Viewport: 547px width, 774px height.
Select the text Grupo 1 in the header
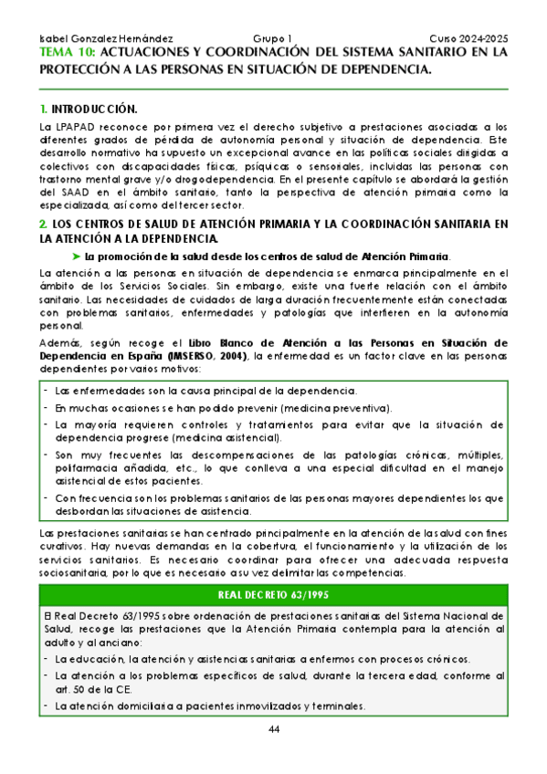[x=272, y=39]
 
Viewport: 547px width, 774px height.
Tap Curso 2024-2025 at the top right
[x=468, y=39]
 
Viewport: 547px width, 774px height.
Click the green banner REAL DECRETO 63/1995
[x=274, y=569]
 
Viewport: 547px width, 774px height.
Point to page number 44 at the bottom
[x=274, y=727]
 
